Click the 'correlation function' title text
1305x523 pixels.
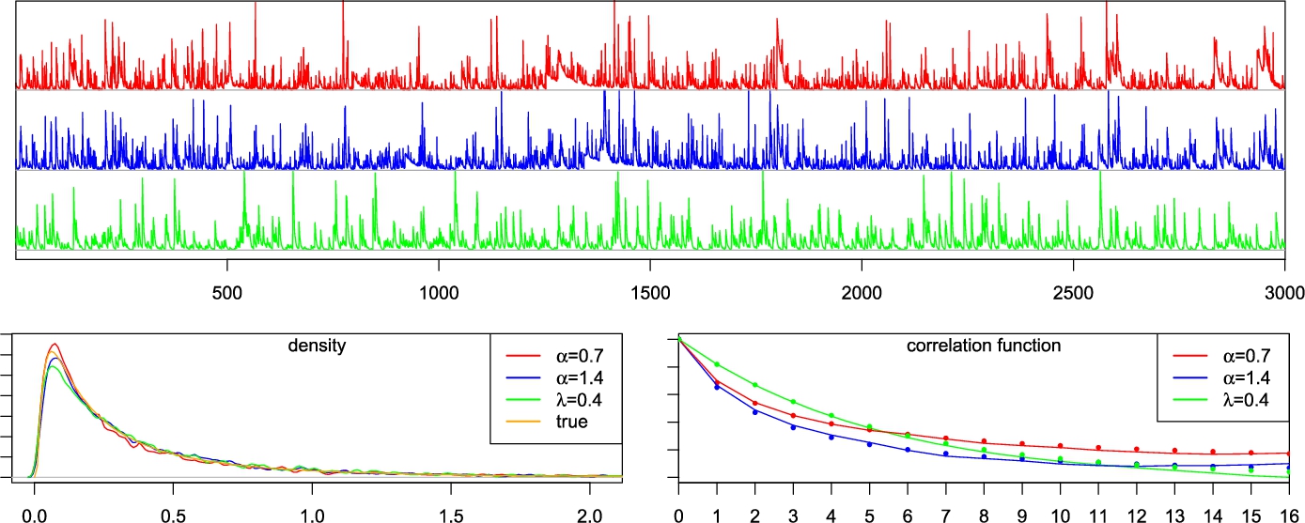[x=984, y=346]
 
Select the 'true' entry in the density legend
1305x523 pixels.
[x=570, y=423]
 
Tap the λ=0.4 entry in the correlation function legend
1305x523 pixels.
[x=1240, y=400]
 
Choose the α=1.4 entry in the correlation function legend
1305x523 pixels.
[x=1240, y=377]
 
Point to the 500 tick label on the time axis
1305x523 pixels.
[x=228, y=292]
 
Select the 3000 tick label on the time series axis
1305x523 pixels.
[x=1283, y=292]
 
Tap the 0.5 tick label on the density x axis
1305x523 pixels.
[x=173, y=515]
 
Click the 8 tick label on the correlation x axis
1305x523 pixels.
[x=984, y=515]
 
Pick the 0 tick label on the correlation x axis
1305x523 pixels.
[x=678, y=515]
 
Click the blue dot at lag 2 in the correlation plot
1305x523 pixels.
[x=754, y=412]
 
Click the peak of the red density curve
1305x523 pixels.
[x=54, y=345]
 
